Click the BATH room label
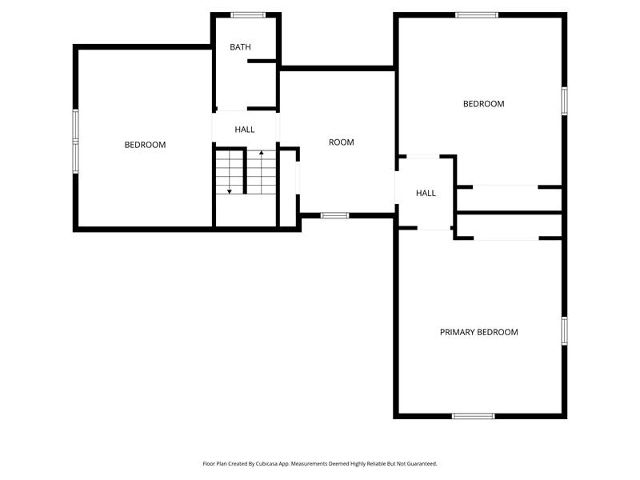point(240,47)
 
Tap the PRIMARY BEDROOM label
point(478,332)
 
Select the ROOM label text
point(342,142)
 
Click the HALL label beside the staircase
point(245,130)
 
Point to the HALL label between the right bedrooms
point(426,193)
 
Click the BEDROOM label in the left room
point(145,145)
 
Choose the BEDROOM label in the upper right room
point(484,104)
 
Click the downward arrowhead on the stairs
point(230,191)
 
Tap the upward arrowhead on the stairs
point(262,153)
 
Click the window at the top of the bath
point(248,15)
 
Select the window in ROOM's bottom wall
point(334,215)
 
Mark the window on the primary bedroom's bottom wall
point(474,416)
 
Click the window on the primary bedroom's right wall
point(565,331)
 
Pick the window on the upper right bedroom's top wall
point(477,15)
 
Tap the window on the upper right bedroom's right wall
point(565,101)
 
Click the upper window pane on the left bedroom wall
point(75,125)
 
